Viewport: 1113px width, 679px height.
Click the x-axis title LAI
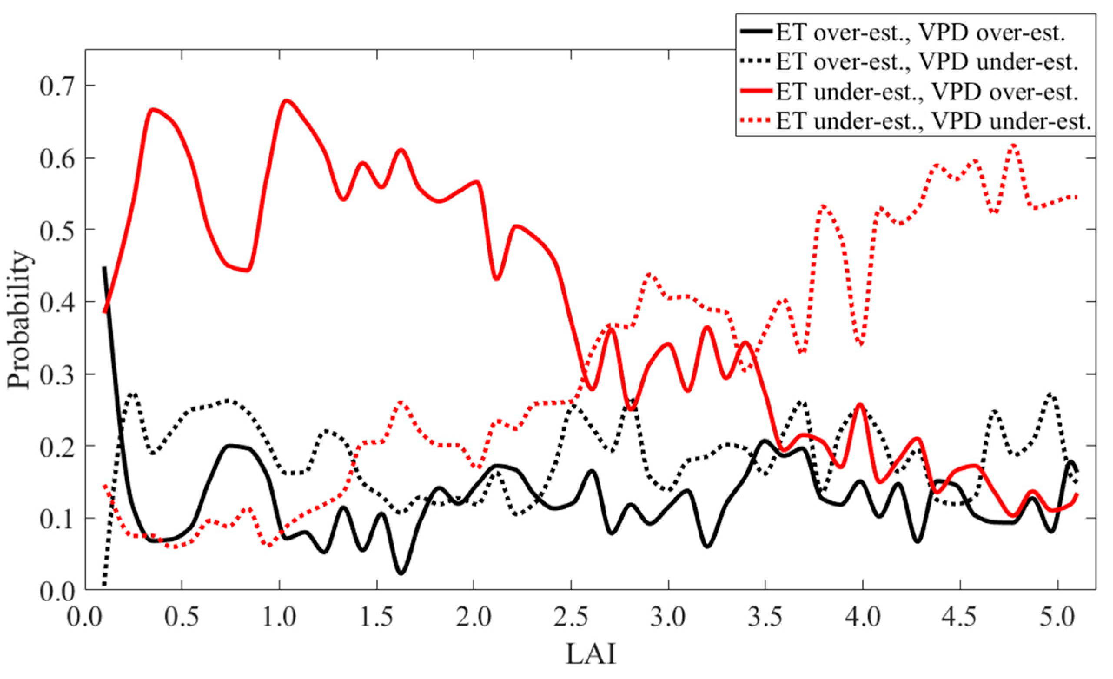591,654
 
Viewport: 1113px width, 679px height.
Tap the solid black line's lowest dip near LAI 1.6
401,573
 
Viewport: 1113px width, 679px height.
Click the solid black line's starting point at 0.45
104,268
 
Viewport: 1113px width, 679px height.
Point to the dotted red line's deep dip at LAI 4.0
861,344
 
